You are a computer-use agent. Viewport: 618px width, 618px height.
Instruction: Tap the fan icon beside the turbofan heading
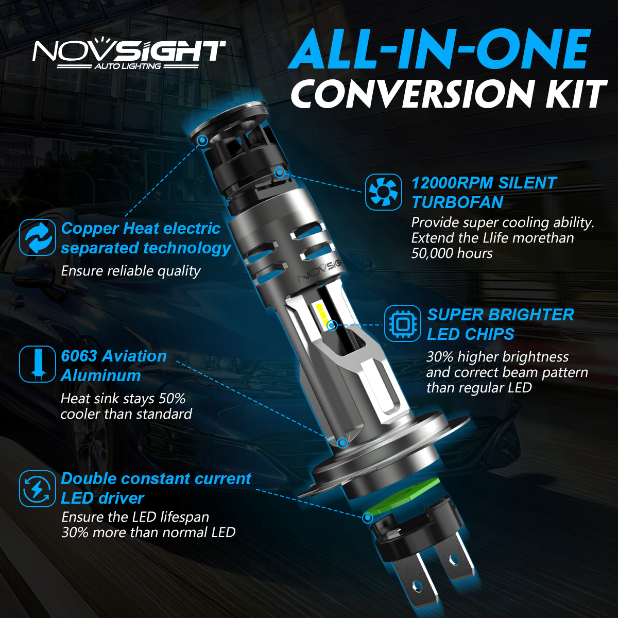tap(383, 192)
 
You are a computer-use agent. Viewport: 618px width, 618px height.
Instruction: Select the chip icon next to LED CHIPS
tap(402, 323)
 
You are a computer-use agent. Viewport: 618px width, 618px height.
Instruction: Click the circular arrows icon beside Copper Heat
tap(38, 237)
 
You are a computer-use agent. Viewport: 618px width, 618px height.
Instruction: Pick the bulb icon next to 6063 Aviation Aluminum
tap(38, 364)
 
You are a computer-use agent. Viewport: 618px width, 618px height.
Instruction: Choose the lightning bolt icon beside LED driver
tap(38, 488)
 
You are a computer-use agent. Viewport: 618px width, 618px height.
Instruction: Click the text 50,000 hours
tap(452, 253)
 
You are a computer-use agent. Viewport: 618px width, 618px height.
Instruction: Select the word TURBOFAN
tap(457, 203)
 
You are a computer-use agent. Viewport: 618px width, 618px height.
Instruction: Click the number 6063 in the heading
tap(79, 356)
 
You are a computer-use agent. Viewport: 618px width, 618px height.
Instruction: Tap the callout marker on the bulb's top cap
tap(202, 140)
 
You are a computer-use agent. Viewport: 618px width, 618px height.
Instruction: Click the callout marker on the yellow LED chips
tap(332, 325)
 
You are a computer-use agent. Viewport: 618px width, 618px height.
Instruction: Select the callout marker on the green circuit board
tap(368, 518)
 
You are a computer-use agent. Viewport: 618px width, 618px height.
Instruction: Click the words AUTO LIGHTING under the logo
tap(127, 66)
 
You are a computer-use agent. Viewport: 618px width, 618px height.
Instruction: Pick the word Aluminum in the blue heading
tap(101, 375)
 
